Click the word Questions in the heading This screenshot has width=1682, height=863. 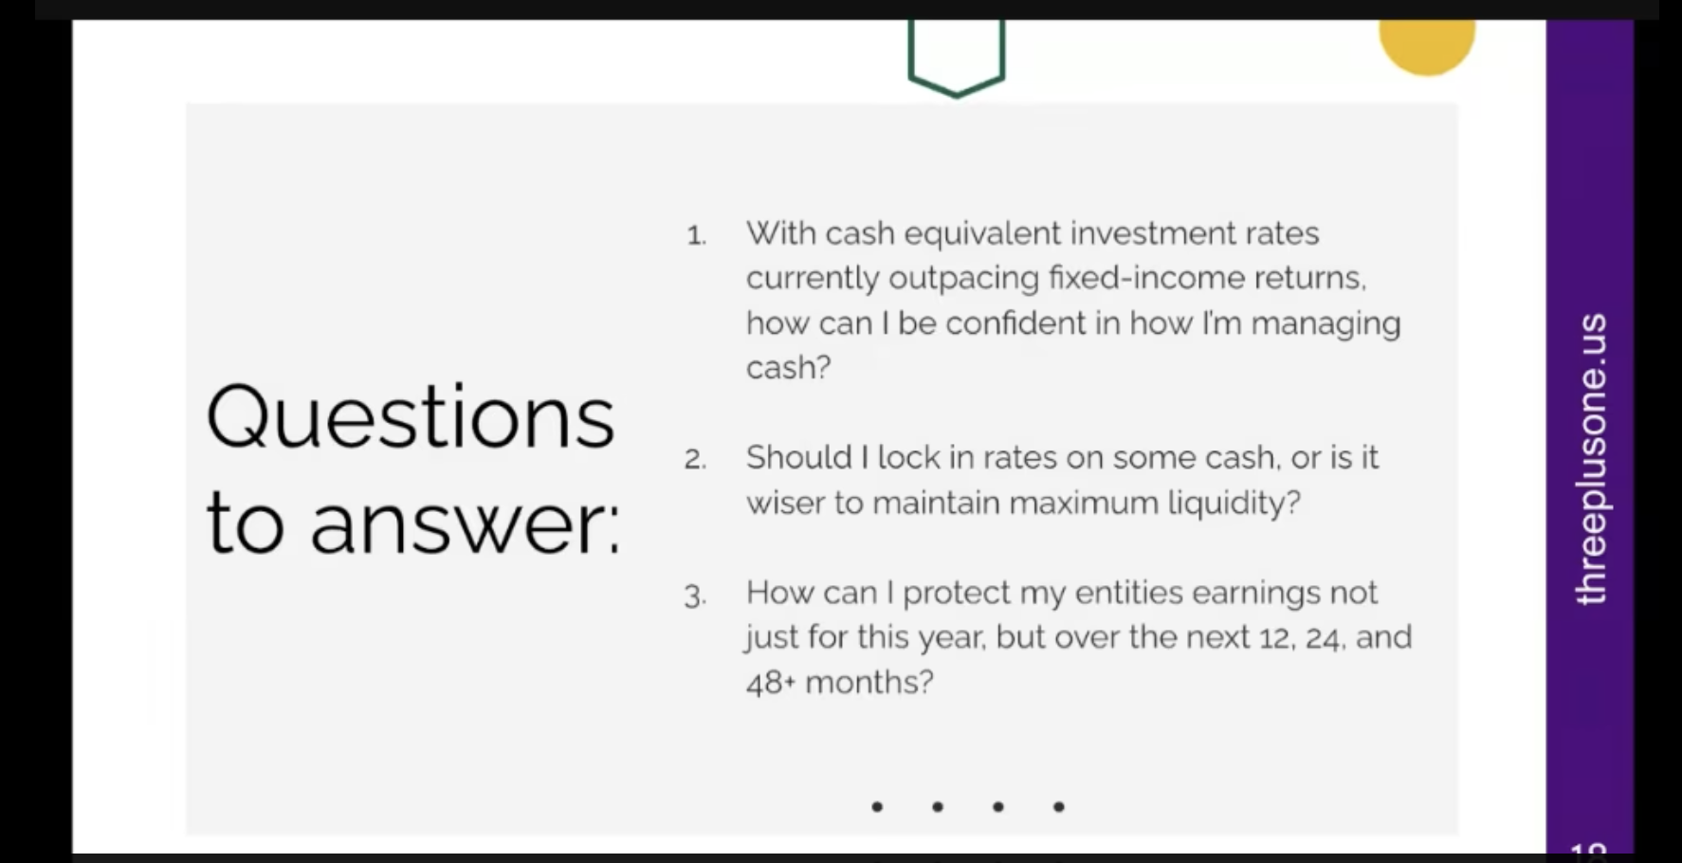click(411, 417)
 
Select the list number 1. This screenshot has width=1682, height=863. click(697, 235)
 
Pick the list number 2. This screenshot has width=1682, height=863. click(696, 460)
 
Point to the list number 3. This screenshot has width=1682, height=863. click(696, 596)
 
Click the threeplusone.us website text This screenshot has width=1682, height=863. click(1590, 458)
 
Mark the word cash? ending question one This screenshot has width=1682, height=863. click(789, 368)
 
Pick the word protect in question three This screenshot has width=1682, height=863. click(957, 594)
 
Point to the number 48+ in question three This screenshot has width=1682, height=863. click(770, 683)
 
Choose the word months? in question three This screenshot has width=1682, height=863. click(869, 682)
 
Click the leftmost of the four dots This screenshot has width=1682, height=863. click(877, 807)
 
